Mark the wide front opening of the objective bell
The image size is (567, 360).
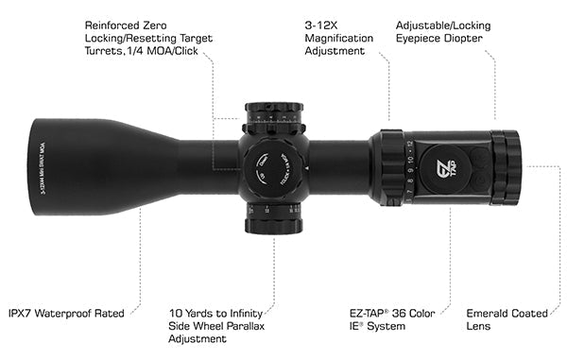point(38,167)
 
